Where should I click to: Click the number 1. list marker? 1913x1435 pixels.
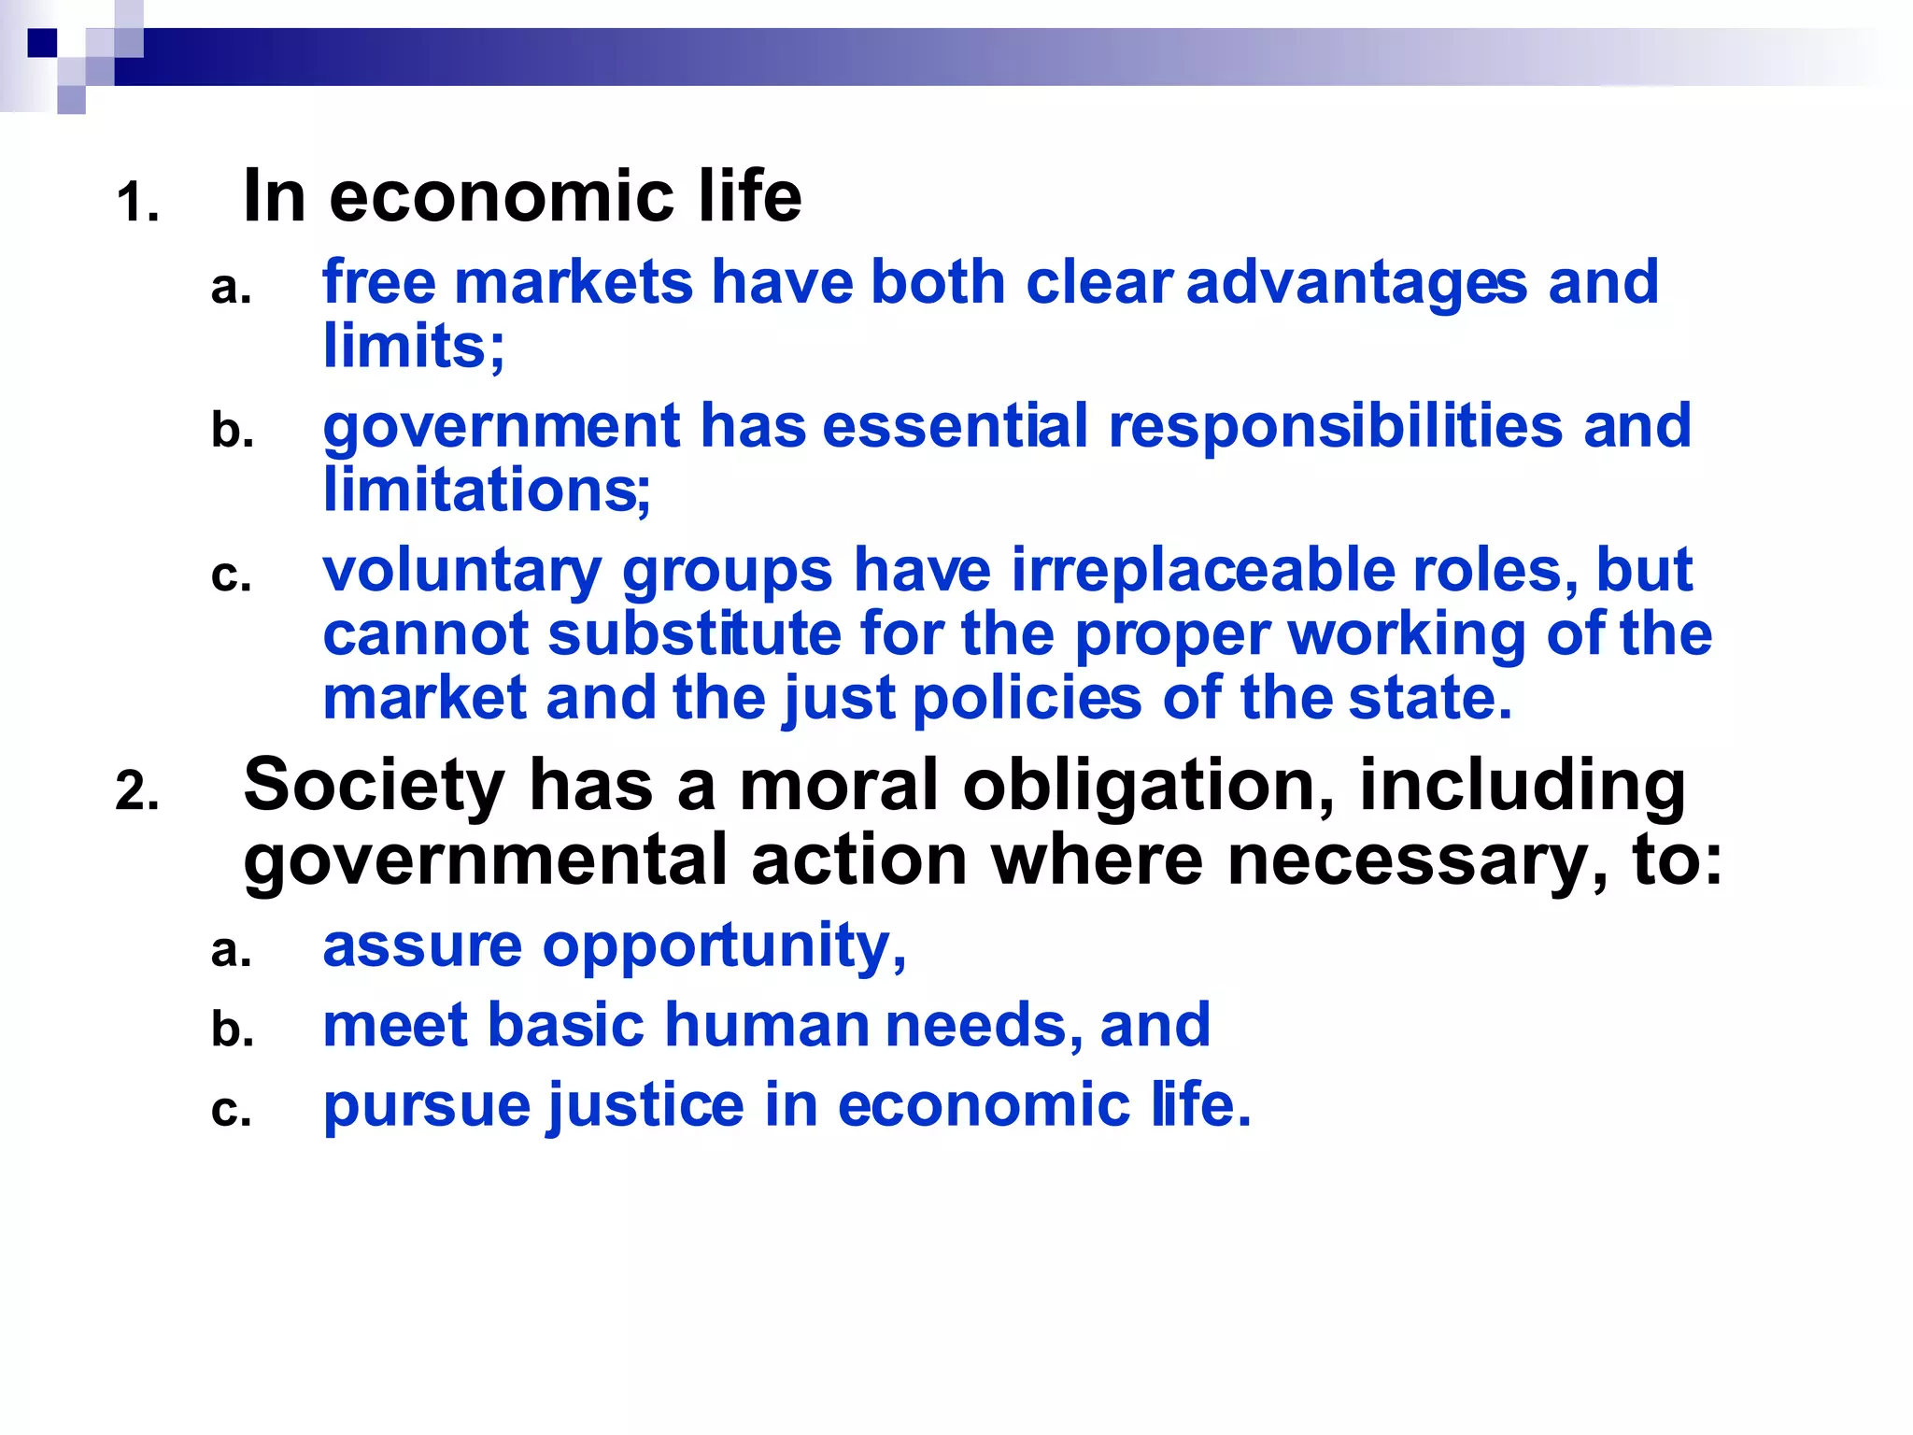(x=137, y=203)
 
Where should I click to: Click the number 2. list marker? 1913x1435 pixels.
(x=137, y=791)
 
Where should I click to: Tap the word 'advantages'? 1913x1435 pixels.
(x=1356, y=283)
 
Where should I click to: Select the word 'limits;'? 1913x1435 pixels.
(x=414, y=347)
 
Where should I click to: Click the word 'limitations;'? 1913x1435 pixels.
(x=487, y=490)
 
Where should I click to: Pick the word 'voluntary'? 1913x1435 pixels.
(x=462, y=572)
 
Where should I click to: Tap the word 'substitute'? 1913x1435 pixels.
(x=694, y=634)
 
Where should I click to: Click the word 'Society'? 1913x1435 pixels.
(x=374, y=786)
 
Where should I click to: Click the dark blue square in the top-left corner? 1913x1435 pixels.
(x=43, y=43)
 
